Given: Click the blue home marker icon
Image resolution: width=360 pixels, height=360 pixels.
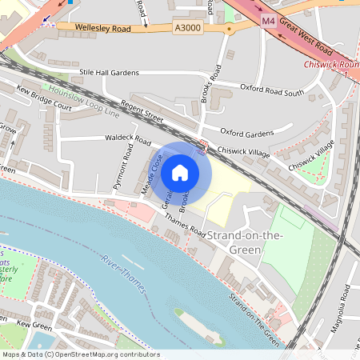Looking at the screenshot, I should click(180, 172).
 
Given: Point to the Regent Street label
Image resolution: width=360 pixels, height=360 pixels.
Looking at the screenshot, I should click(142, 112).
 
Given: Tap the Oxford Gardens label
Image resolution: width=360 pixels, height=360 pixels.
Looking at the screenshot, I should click(246, 132).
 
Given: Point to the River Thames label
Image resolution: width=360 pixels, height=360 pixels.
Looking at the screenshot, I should click(123, 274).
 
